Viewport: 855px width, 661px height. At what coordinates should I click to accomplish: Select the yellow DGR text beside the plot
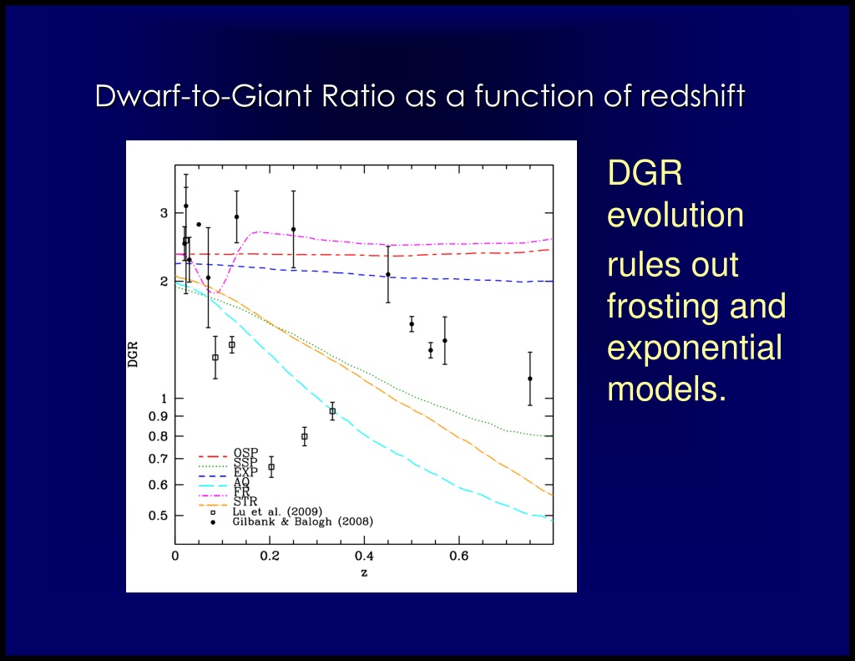coord(645,173)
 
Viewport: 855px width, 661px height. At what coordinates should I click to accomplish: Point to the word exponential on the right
coord(695,348)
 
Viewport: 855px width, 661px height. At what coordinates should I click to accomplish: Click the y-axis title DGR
coord(133,354)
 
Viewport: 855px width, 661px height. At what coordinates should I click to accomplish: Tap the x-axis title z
coord(364,573)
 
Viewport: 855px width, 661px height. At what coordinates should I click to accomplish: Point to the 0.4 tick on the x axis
coord(364,557)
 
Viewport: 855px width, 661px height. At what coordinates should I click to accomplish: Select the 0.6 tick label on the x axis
coord(458,557)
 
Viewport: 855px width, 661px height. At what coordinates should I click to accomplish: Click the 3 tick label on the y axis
coord(164,213)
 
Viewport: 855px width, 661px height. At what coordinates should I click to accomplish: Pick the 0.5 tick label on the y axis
coord(158,516)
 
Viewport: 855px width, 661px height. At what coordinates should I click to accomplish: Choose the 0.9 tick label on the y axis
coord(158,416)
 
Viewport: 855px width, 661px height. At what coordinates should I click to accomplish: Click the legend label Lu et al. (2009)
coord(277,511)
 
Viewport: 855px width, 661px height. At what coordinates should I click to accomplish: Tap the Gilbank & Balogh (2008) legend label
coord(302,521)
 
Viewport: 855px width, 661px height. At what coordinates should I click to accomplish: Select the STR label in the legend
coord(245,501)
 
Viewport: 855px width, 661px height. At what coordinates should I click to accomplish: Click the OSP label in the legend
coord(246,452)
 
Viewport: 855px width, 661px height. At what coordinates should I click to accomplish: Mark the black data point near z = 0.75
coord(530,379)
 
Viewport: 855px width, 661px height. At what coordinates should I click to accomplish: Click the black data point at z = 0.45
coord(388,275)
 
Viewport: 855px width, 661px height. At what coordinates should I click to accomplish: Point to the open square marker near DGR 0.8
coord(304,437)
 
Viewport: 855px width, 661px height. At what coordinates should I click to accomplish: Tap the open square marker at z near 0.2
coord(271,467)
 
